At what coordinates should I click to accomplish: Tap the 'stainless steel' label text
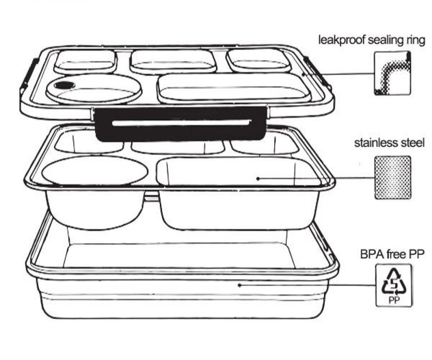coord(389,143)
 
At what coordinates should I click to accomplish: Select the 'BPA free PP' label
coord(392,254)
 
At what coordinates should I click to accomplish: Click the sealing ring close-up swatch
coord(393,73)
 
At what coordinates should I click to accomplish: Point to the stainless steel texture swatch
coord(393,178)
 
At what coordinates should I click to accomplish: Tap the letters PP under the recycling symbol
coord(394,300)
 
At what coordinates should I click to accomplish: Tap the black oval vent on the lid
coord(64,85)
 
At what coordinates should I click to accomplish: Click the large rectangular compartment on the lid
coord(234,88)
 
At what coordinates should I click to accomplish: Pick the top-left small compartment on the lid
coord(85,61)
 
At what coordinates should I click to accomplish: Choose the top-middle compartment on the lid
coord(173,61)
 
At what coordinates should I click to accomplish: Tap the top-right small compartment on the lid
coord(258,60)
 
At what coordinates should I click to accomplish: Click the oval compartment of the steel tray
coord(95,171)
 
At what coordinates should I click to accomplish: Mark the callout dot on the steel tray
coord(258,178)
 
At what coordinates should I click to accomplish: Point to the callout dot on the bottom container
coord(240,285)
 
